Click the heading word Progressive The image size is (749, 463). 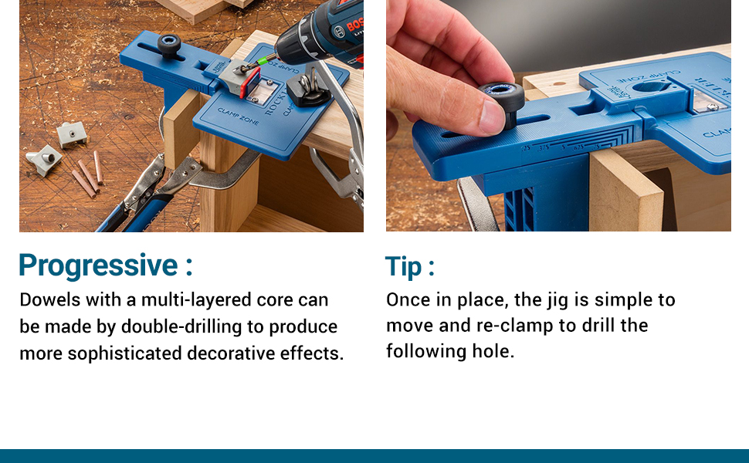(98, 266)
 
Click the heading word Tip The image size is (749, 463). (404, 267)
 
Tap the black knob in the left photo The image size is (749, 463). (169, 45)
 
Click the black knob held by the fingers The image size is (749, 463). (502, 98)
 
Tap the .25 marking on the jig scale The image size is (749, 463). (525, 148)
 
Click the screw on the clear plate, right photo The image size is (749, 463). (712, 107)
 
